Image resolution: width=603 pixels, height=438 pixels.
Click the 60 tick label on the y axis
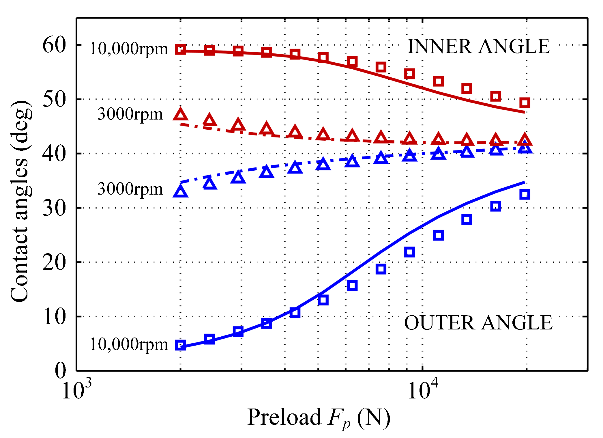click(54, 45)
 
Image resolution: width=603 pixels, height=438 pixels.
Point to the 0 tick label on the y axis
click(61, 370)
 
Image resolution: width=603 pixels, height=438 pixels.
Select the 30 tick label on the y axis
click(54, 208)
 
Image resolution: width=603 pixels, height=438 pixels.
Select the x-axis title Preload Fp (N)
click(319, 418)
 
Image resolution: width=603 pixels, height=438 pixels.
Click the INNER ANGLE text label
click(478, 46)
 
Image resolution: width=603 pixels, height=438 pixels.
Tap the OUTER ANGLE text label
click(478, 323)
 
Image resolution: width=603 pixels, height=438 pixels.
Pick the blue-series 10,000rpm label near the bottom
click(129, 344)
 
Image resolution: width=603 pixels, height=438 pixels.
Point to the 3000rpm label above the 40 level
click(130, 114)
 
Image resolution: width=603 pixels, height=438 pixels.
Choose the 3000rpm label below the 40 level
click(130, 189)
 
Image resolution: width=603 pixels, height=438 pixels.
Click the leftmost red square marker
click(181, 49)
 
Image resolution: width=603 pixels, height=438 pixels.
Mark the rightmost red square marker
click(525, 102)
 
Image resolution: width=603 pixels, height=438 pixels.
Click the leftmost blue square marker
click(181, 345)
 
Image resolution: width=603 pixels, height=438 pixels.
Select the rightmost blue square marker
click(525, 194)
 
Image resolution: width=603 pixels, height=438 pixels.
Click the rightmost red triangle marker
click(525, 140)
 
